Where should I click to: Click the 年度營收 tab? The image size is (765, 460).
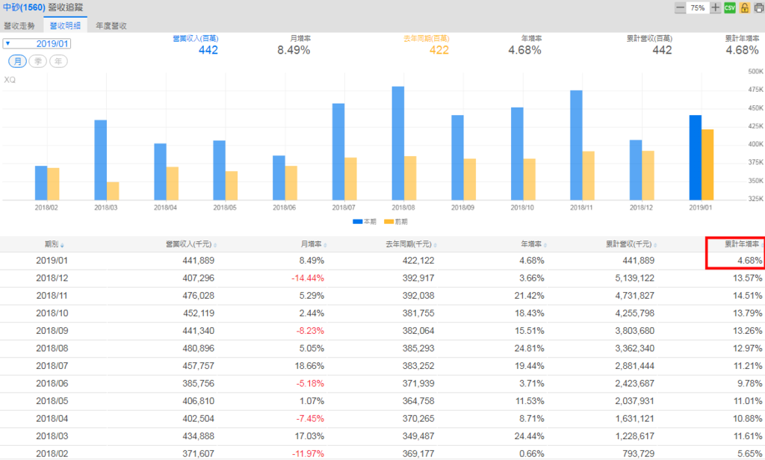[x=111, y=25]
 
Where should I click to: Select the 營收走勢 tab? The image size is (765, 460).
[x=19, y=25]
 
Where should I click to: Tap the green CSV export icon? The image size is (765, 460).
[x=730, y=7]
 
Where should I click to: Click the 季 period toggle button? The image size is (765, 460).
[x=37, y=61]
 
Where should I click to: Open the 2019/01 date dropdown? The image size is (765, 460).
[x=37, y=43]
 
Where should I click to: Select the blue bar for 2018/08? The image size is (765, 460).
[x=397, y=143]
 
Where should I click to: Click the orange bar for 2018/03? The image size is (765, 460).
[x=113, y=190]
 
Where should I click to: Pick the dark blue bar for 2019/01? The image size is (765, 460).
[x=695, y=157]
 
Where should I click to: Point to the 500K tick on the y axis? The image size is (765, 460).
[x=754, y=72]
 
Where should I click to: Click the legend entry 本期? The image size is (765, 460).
[x=365, y=222]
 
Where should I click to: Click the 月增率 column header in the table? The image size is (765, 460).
[x=311, y=244]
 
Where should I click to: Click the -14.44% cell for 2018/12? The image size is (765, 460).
[x=308, y=278]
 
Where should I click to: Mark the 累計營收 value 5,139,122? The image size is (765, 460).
[x=631, y=278]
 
